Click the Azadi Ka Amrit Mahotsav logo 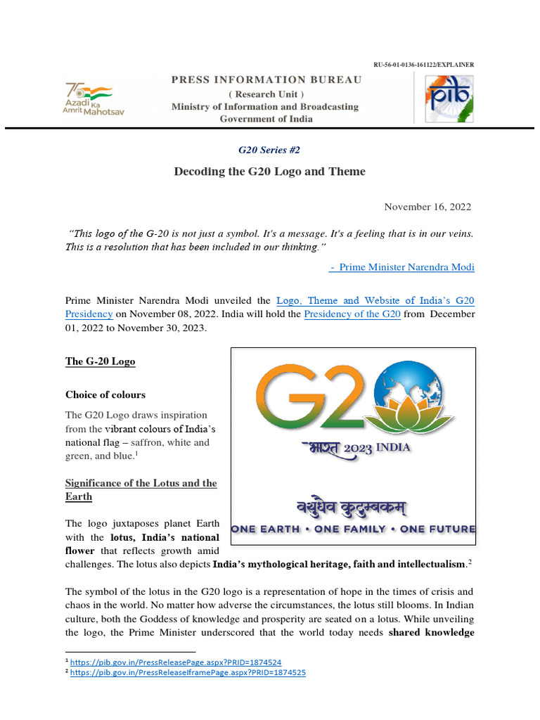[94, 99]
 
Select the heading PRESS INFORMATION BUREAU [266, 80]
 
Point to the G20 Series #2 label [269, 150]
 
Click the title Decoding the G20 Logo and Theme [269, 172]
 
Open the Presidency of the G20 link [352, 314]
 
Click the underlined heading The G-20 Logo [100, 361]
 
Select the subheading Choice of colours [105, 394]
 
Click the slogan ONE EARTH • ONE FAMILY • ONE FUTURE [354, 529]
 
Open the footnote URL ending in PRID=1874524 [176, 662]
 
